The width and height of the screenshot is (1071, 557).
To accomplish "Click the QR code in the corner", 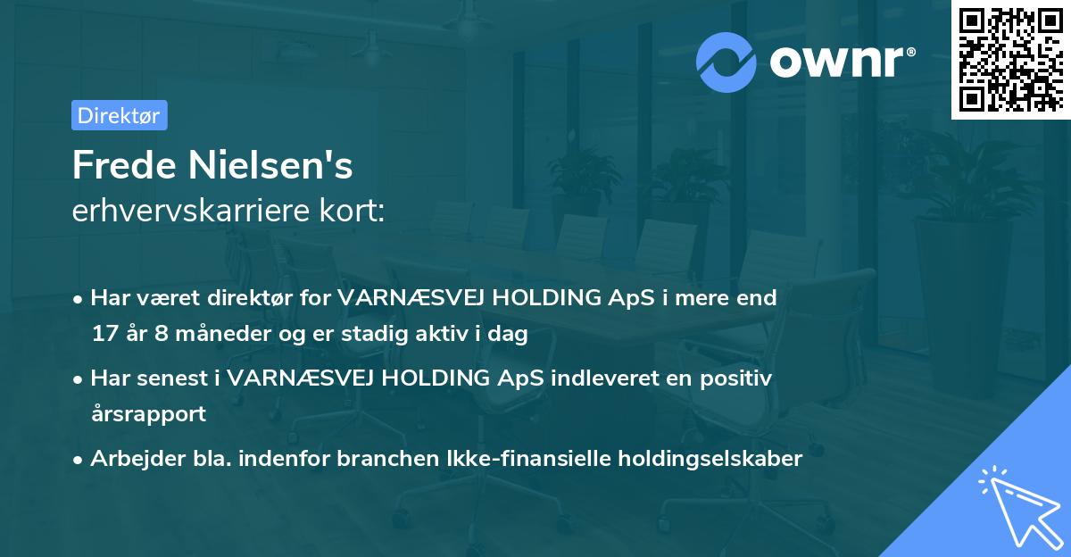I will coord(1011,59).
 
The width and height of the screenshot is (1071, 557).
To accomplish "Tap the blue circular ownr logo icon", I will coord(726,62).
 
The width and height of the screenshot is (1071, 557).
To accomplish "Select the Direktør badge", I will coord(119,115).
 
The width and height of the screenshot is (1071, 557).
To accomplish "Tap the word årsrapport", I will coord(148,414).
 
